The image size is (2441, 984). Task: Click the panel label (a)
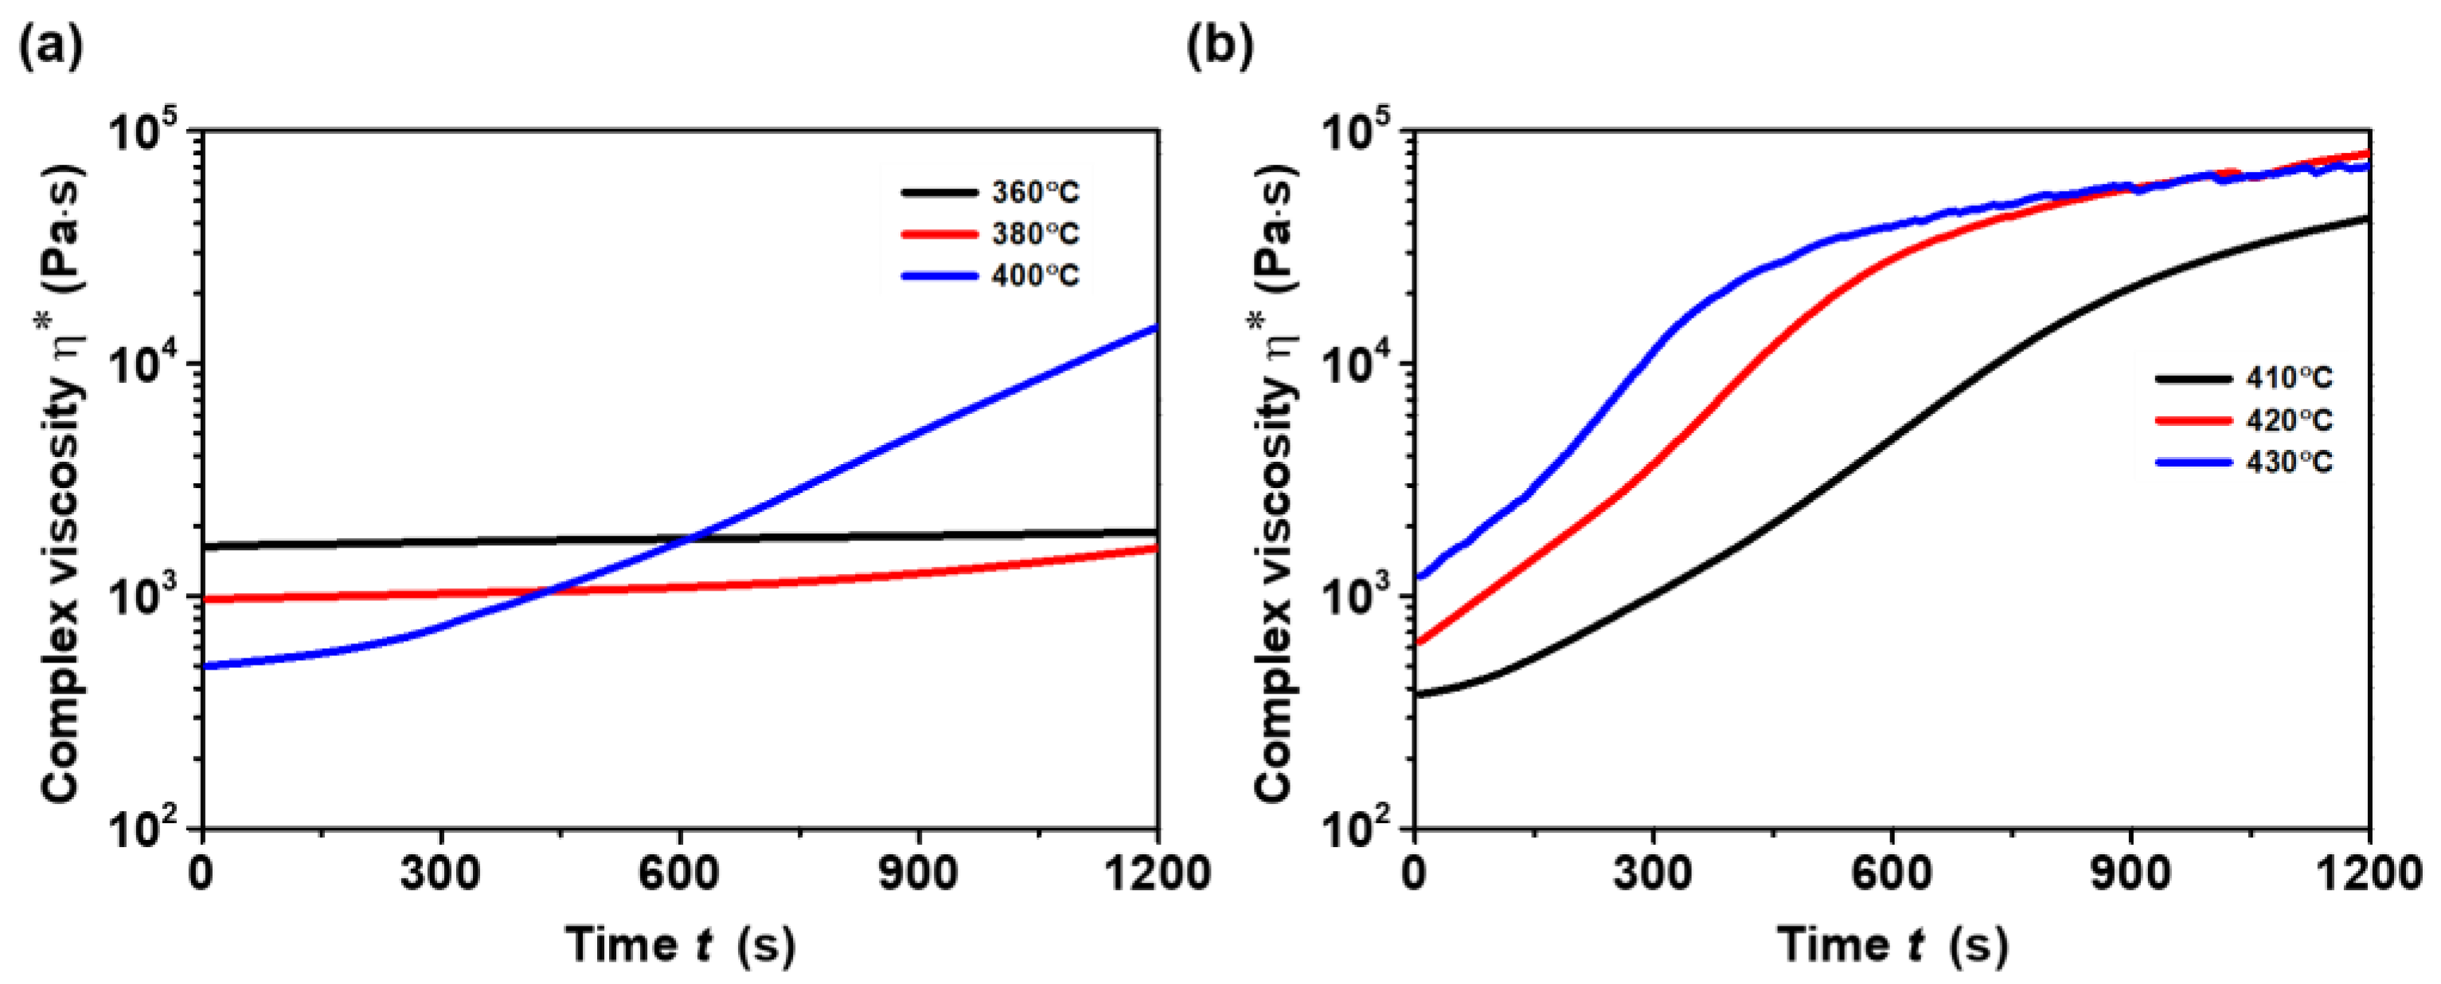coord(50,46)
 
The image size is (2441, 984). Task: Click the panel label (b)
coord(1220,46)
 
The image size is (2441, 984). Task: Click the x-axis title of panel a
coord(681,945)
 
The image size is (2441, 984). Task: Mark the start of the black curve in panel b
coord(1416,695)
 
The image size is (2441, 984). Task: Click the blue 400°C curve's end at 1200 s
coord(1155,328)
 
